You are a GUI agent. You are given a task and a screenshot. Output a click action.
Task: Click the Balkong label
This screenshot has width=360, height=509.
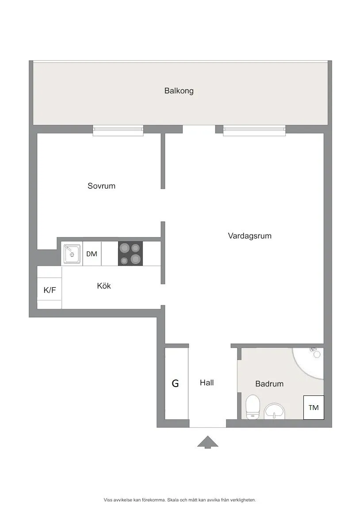point(179,91)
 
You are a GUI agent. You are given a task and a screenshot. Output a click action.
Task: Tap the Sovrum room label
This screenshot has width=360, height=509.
point(101,186)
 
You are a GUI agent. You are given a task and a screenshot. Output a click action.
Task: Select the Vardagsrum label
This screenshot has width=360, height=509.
point(249,236)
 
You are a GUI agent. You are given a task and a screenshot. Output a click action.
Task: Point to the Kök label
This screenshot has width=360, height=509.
point(104,286)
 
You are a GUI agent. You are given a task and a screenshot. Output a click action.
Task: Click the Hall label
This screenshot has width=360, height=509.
point(207,383)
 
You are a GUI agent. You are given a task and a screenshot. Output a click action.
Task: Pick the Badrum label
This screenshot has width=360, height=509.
point(269,384)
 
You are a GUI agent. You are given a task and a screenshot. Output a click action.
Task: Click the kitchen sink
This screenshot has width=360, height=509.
point(71,254)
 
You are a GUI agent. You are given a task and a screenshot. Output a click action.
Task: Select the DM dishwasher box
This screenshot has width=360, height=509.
point(92,254)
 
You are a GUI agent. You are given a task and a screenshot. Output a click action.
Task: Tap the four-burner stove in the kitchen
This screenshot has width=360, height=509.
point(130,254)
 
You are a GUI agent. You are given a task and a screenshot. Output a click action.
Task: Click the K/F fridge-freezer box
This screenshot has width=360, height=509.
point(50,291)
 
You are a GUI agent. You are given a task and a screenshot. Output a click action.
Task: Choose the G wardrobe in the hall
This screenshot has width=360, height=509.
point(176,384)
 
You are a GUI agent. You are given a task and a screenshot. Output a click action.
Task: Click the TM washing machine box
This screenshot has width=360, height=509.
point(314,407)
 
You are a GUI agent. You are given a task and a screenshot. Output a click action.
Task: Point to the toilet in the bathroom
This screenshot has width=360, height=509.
point(253,406)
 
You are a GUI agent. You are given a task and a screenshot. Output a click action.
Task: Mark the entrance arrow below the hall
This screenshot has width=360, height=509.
point(207,442)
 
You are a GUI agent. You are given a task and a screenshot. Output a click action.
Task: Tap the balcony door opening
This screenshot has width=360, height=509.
point(199,129)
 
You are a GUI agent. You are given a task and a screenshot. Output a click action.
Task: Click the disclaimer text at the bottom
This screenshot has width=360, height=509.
point(180,500)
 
